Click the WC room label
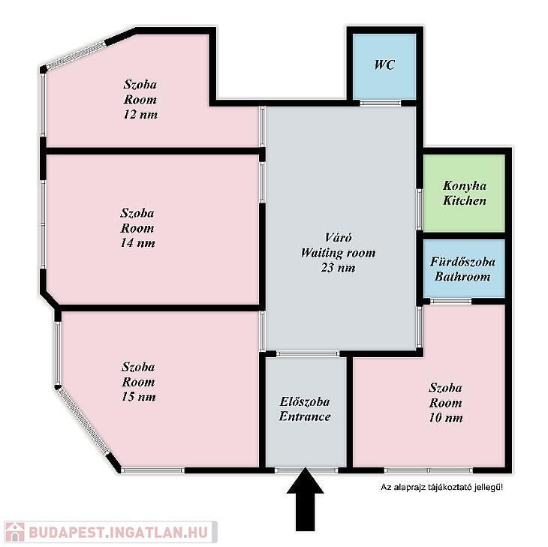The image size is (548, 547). [x=384, y=65]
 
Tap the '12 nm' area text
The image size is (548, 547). [x=140, y=115]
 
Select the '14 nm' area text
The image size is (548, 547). [x=137, y=243]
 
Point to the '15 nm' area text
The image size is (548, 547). [x=138, y=397]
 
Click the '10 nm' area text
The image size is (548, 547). [x=446, y=418]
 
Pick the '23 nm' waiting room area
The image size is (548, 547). [x=338, y=268]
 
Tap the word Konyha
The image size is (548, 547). [x=465, y=186]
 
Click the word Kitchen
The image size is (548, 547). [x=465, y=200]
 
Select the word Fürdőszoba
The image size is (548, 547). [x=462, y=262]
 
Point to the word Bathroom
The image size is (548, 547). [x=462, y=277]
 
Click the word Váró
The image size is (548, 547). [x=338, y=238]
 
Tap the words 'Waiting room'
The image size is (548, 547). [x=338, y=253]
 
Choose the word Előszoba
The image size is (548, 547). [x=305, y=401]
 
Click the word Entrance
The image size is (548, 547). [x=305, y=416]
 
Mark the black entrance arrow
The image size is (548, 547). [x=305, y=500]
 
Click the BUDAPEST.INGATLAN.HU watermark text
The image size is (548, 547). [x=119, y=533]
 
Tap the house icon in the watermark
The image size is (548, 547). [x=15, y=532]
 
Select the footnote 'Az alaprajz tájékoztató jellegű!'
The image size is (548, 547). [x=441, y=487]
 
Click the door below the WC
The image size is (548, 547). [x=381, y=103]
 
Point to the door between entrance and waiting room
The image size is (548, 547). [x=308, y=353]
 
